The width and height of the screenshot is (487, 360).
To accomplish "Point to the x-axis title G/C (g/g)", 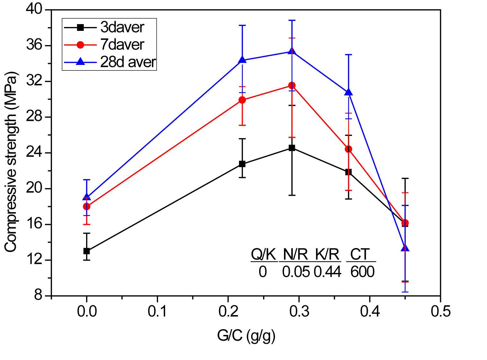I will click(x=246, y=336).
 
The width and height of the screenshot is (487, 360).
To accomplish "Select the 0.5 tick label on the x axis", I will click(x=440, y=311).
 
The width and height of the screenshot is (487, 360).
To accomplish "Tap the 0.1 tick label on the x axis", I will click(x=157, y=311).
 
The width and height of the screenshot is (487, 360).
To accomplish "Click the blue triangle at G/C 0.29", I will click(x=292, y=51).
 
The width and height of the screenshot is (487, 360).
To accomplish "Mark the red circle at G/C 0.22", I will click(x=242, y=100).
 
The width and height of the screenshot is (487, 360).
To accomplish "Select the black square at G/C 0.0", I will click(x=86, y=251).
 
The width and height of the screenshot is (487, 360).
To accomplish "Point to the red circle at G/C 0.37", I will click(x=349, y=149).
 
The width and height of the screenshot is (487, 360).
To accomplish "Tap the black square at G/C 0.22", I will click(x=242, y=164).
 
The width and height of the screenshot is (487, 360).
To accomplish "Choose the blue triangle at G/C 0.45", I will click(x=405, y=248).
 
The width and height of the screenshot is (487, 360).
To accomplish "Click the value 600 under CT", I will click(x=362, y=272).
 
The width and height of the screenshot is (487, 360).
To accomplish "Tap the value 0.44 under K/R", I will click(x=327, y=272).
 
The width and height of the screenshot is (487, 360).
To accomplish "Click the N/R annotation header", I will click(x=295, y=255).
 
